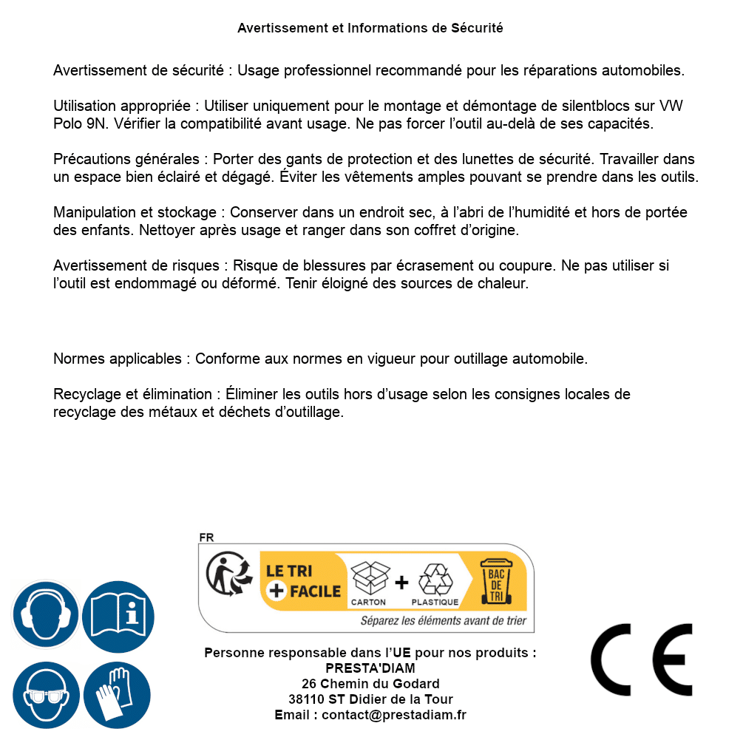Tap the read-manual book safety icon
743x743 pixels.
[118, 613]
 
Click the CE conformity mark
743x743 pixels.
[642, 659]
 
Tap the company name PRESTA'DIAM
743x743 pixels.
[370, 668]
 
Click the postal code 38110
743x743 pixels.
[306, 699]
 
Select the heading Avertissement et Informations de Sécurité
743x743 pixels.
[370, 28]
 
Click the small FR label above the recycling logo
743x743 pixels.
[206, 537]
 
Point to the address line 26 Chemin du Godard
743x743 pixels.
[370, 684]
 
